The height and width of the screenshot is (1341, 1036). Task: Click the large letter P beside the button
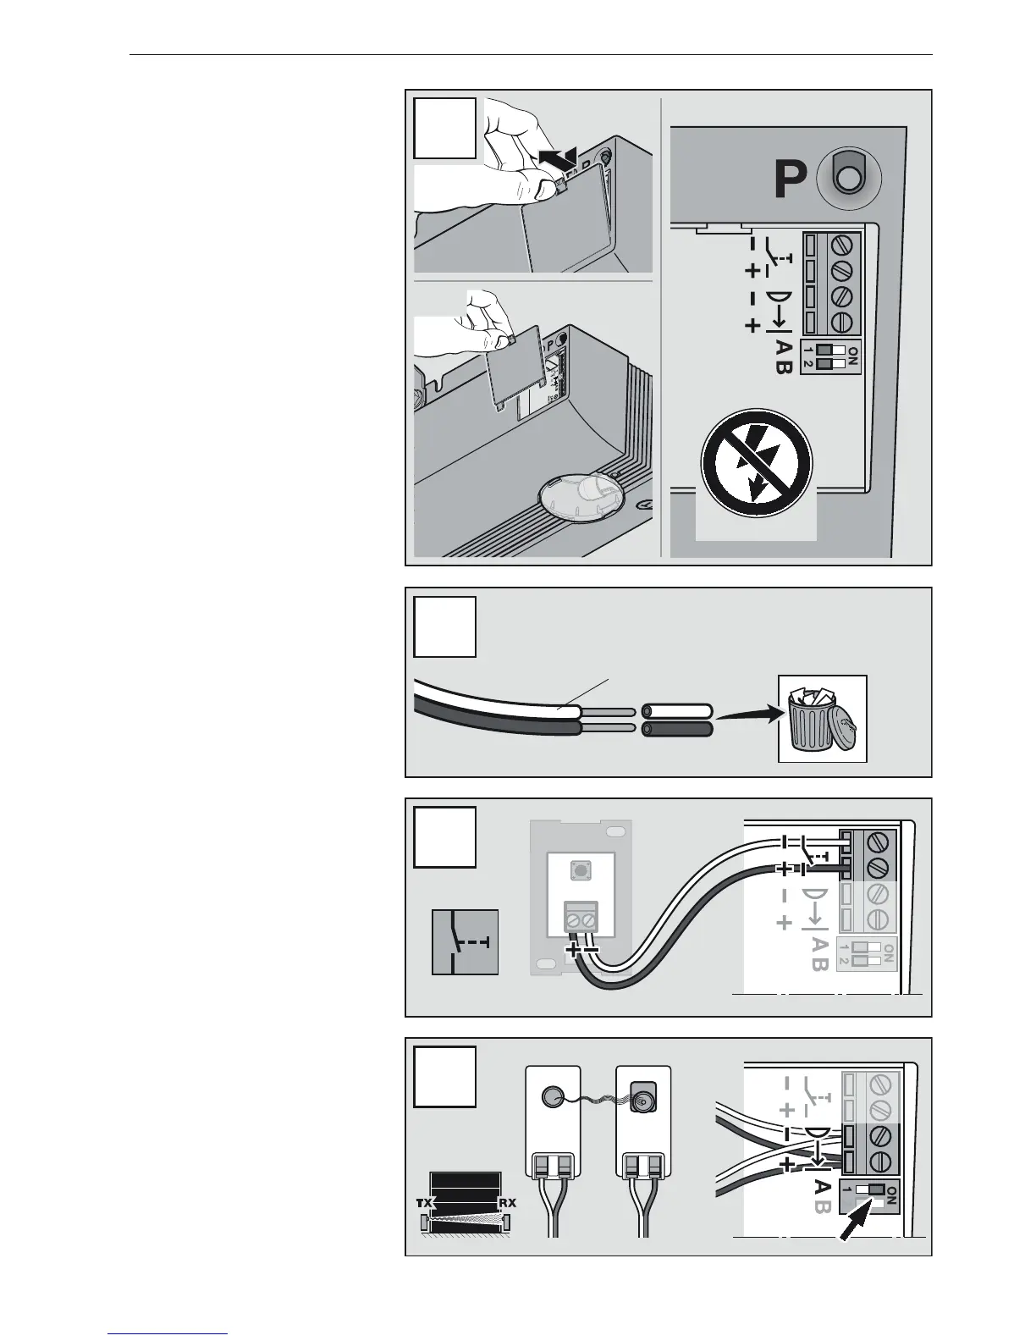(787, 179)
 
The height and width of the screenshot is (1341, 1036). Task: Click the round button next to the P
(846, 178)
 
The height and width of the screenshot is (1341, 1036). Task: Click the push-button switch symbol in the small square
(465, 942)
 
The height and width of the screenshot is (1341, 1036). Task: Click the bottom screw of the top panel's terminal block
(842, 323)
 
